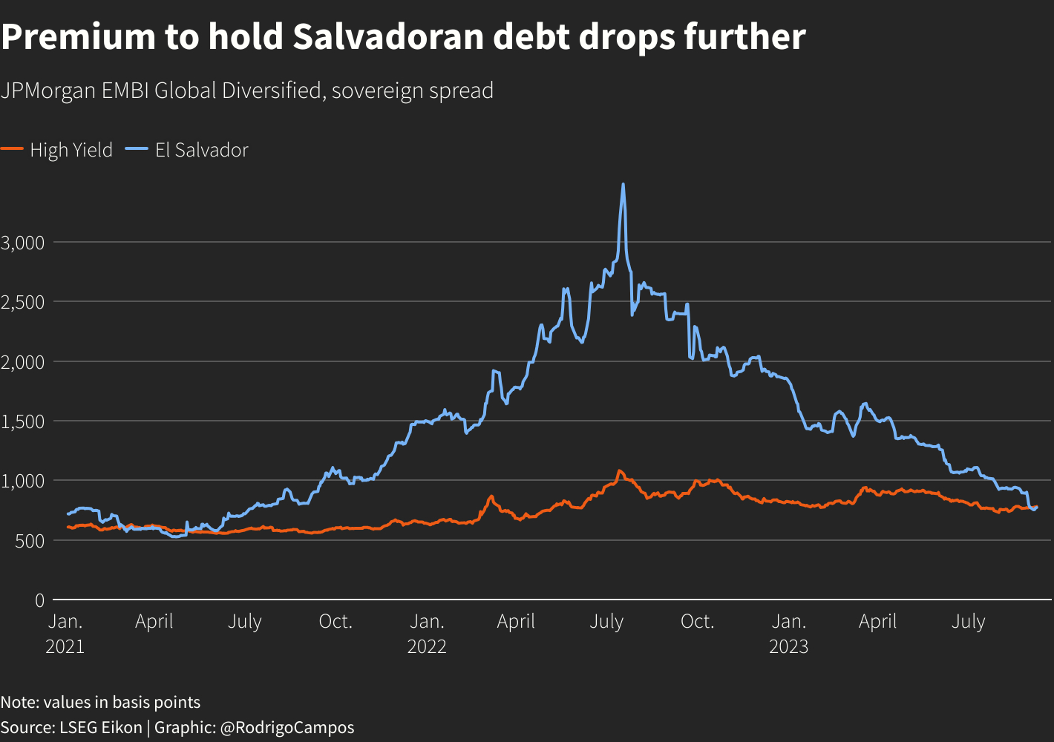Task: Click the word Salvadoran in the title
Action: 387,37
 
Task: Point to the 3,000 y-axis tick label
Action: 23,242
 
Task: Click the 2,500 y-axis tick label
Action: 23,302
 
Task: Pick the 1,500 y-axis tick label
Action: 23,421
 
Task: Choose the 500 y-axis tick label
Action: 29,541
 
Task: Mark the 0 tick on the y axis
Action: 39,600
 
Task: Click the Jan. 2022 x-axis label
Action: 427,633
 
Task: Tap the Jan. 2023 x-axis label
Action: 788,633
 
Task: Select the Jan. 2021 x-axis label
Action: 65,633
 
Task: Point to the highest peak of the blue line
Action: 623,185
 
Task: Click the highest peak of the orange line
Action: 619,470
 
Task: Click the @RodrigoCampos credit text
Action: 287,727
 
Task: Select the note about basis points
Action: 100,702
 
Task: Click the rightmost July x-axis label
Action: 968,621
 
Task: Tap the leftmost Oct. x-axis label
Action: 335,621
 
